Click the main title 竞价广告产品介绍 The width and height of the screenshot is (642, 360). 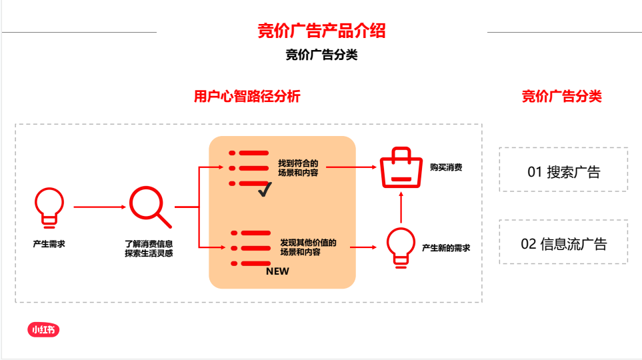pyautogui.click(x=321, y=31)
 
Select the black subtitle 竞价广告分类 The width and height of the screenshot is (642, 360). pyautogui.click(x=321, y=55)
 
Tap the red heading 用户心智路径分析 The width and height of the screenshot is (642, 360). pyautogui.click(x=247, y=97)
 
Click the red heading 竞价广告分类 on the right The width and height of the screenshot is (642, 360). pyautogui.click(x=561, y=97)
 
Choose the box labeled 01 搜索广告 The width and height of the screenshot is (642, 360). pyautogui.click(x=563, y=172)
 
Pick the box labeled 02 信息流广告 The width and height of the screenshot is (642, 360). pyautogui.click(x=563, y=243)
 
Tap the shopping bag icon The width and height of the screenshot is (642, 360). pyautogui.click(x=401, y=168)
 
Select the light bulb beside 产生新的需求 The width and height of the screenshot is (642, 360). pyautogui.click(x=401, y=247)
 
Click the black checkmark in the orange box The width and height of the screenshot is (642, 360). pyautogui.click(x=264, y=190)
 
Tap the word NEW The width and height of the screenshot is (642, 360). pyautogui.click(x=277, y=271)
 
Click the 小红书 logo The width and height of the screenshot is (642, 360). pyautogui.click(x=43, y=329)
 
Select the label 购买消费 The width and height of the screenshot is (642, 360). pyautogui.click(x=445, y=168)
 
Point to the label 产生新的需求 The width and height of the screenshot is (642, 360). pyautogui.click(x=445, y=248)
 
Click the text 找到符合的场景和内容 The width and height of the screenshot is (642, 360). pyautogui.click(x=298, y=168)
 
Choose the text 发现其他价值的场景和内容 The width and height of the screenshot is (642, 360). pyautogui.click(x=308, y=247)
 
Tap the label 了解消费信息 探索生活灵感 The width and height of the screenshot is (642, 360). pyautogui.click(x=149, y=249)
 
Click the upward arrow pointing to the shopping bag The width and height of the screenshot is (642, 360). pyautogui.click(x=401, y=208)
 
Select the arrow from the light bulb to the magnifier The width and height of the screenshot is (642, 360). pyautogui.click(x=99, y=207)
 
